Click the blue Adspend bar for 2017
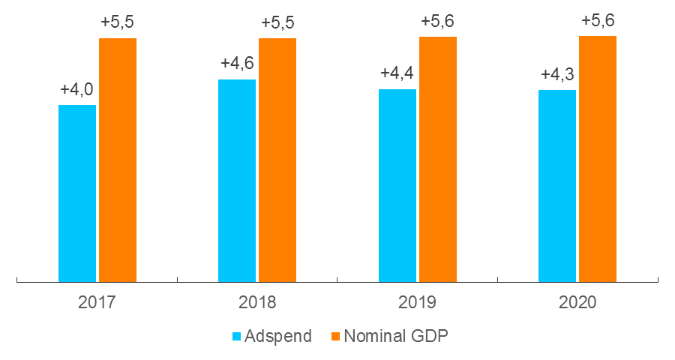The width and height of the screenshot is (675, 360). click(77, 193)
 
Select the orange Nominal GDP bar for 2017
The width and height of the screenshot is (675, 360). click(118, 160)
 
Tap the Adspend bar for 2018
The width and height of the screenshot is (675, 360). click(237, 181)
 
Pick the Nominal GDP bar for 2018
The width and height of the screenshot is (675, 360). click(277, 160)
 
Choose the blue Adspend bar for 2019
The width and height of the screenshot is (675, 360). click(397, 185)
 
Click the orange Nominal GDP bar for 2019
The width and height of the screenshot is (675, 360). click(438, 159)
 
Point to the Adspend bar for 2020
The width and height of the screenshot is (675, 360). click(557, 186)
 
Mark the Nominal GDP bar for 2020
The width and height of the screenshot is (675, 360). click(598, 159)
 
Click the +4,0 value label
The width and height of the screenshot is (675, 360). click(76, 90)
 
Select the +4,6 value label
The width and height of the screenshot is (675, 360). click(237, 64)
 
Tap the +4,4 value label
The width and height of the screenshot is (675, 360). click(397, 73)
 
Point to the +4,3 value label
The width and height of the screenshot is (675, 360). click(557, 75)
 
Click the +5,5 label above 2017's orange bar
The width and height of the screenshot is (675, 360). click(118, 23)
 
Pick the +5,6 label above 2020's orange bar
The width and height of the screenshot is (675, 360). click(598, 21)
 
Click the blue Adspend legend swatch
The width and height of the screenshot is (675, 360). click(238, 336)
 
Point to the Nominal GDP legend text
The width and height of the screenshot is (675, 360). click(395, 336)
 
